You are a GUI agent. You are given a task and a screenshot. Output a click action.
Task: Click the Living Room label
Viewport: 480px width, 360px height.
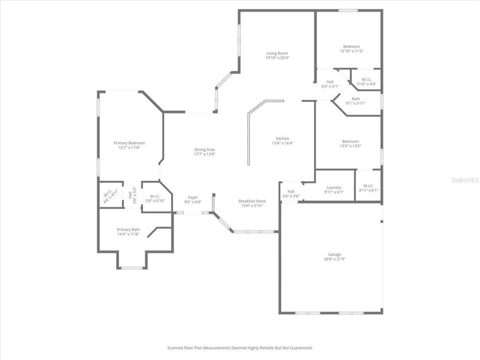277,53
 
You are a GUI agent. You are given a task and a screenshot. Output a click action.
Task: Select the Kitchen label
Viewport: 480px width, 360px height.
282,138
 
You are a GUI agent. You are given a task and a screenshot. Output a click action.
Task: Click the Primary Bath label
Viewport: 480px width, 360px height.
128,229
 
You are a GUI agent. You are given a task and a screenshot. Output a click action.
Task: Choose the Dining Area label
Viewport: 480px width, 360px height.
204,149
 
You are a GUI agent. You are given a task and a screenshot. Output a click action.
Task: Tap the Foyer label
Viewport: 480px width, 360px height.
193,197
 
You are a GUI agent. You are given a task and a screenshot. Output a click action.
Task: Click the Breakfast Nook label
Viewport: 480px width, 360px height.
251,201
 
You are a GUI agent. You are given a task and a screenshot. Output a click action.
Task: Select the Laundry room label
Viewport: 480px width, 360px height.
333,187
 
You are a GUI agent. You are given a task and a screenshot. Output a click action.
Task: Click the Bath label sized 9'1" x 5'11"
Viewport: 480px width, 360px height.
355,98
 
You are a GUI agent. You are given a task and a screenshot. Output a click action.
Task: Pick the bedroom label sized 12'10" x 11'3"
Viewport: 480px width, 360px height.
351,46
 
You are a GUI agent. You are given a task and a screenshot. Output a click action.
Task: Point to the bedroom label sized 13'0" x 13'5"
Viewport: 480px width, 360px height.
350,141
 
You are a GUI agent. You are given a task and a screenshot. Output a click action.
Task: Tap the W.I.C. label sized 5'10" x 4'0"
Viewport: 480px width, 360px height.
366,79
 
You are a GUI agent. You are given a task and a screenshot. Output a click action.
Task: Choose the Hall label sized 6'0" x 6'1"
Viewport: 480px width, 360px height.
330,81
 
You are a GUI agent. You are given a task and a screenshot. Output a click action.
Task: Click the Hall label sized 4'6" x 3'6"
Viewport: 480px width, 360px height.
291,191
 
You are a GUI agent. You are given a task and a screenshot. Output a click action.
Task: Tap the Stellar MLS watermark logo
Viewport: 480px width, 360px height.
464,179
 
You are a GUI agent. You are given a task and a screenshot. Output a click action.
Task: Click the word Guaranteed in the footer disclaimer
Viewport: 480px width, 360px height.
298,347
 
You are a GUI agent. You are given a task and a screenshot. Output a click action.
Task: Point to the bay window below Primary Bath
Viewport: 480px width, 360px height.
132,268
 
